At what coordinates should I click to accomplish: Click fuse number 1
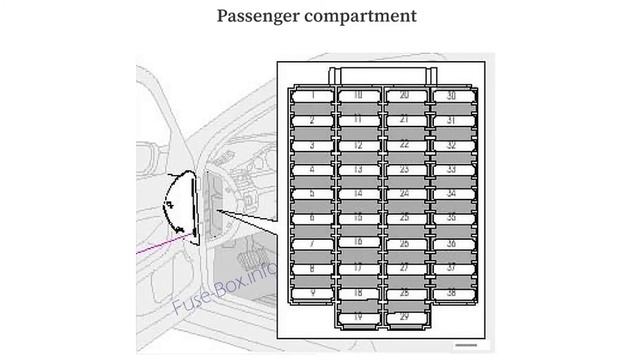click(x=313, y=96)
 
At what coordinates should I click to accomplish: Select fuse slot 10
click(x=357, y=96)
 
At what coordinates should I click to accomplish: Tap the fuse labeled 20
click(x=403, y=96)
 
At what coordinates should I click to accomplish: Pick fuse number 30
click(x=451, y=96)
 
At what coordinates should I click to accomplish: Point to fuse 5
click(x=313, y=194)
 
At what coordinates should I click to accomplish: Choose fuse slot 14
click(x=357, y=194)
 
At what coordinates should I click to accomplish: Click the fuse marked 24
click(x=403, y=194)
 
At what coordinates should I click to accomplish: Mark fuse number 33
click(x=451, y=169)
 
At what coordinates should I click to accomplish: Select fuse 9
click(x=313, y=292)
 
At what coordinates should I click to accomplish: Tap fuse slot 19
click(x=357, y=316)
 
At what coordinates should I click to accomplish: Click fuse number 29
click(x=403, y=316)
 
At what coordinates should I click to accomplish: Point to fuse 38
click(x=451, y=292)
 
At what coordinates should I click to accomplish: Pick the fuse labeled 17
click(x=357, y=267)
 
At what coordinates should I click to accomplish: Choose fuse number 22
click(x=403, y=145)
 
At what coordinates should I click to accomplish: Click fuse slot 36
click(x=451, y=243)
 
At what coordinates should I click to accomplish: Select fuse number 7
click(x=313, y=243)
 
